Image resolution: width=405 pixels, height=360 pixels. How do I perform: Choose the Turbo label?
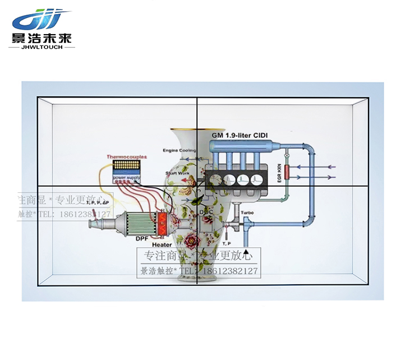[x=247, y=213]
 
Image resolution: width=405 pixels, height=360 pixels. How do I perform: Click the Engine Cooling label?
[x=180, y=150]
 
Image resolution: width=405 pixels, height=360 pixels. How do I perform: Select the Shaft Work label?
[x=178, y=174]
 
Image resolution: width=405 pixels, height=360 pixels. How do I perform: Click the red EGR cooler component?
[x=287, y=172]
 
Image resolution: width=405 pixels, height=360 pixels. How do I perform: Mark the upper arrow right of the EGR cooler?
[x=321, y=166]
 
